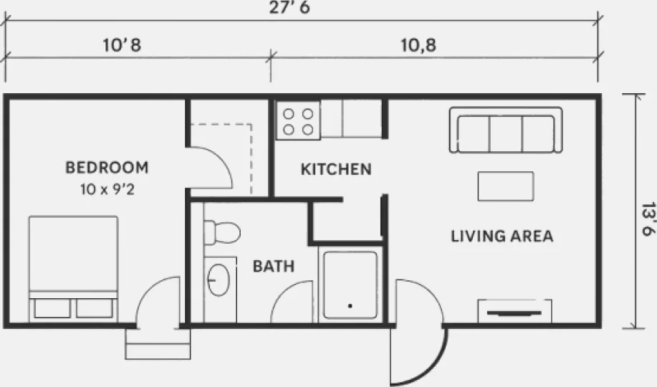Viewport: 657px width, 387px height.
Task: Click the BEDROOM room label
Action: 107,168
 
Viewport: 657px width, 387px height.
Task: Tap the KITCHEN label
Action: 336,169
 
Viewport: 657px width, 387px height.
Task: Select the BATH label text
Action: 274,267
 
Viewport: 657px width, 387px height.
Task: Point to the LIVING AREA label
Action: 502,236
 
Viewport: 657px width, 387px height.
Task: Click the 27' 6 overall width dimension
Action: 289,8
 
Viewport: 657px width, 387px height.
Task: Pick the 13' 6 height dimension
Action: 648,219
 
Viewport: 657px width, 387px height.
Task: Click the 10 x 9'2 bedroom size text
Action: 107,189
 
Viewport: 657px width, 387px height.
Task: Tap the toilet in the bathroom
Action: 221,232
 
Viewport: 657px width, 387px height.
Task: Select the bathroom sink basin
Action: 219,279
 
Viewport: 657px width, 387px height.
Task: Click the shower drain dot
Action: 350,306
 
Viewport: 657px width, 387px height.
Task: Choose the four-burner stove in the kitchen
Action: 298,120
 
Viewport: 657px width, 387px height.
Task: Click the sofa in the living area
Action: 506,130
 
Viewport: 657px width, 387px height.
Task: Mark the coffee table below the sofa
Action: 506,186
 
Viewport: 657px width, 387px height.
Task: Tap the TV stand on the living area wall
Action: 514,311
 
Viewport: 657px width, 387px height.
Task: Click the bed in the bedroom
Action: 73,269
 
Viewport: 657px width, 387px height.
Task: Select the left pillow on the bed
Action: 52,308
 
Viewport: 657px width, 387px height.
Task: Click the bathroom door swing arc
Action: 282,295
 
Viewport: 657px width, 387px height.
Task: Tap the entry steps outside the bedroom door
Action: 158,344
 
